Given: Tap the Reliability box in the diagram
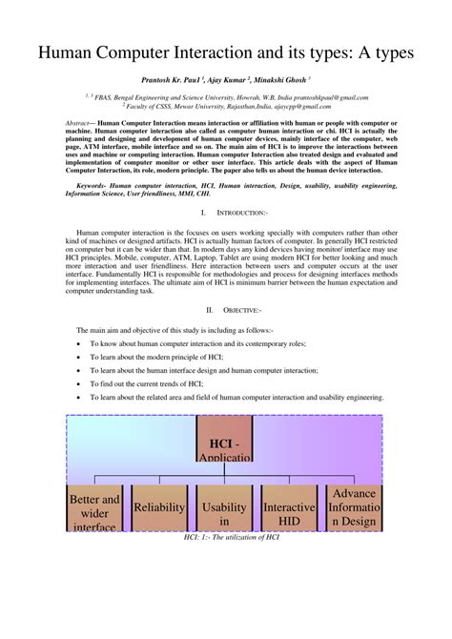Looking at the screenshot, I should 158,507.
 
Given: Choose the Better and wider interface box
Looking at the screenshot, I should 94,512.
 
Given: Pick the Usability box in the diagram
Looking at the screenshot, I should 224,513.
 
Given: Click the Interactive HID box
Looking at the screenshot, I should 289,513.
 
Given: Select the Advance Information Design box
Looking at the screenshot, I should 354,507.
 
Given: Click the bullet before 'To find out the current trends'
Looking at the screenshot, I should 79,382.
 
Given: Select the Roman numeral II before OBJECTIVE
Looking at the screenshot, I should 210,311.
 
